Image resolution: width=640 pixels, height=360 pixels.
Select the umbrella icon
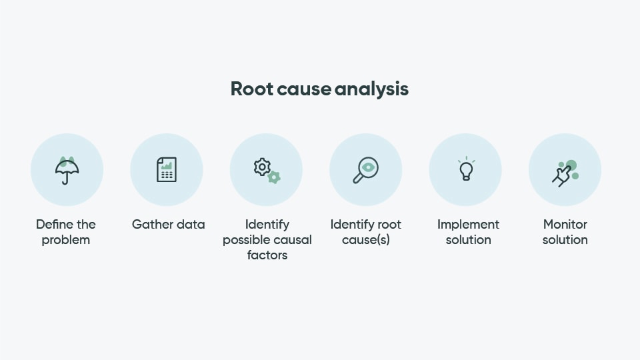[x=67, y=170]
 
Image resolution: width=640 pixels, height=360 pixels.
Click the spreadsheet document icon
[x=167, y=170]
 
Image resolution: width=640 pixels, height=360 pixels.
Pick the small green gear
[x=273, y=177]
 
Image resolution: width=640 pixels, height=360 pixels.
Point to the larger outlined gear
[x=262, y=166]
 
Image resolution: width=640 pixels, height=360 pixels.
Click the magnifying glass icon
[x=365, y=170]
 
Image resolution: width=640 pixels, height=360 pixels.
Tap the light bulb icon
[x=466, y=169]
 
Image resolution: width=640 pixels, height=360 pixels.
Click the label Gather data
[x=168, y=224]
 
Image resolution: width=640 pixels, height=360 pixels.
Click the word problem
[x=65, y=239]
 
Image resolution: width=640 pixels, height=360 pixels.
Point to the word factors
[x=267, y=255]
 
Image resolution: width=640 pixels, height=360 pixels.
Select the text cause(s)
[x=365, y=239]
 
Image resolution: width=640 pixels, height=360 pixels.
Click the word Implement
[x=468, y=224]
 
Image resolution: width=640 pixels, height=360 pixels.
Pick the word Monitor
[x=565, y=224]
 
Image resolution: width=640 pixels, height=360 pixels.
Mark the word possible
[x=245, y=239]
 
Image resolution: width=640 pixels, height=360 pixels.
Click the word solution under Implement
[x=468, y=239]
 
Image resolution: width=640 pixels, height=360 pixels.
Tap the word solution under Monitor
[x=565, y=239]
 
